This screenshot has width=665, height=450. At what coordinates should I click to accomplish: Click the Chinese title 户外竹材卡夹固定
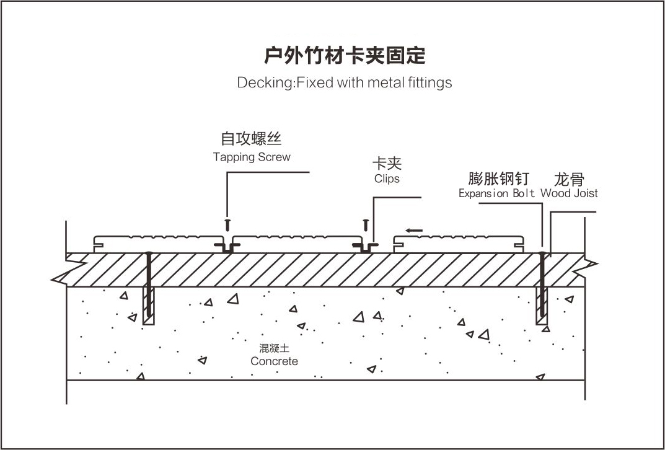coord(345,55)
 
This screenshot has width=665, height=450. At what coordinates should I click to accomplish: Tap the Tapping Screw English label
coord(252,157)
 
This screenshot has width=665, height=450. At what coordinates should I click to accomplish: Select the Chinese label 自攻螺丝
coord(252,138)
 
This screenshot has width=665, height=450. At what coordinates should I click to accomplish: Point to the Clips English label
coord(387,179)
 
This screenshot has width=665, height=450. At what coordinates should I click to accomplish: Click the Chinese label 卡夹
coord(387,163)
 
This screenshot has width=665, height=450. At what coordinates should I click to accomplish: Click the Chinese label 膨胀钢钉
coord(499,179)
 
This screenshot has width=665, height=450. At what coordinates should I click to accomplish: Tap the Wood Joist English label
coord(569,193)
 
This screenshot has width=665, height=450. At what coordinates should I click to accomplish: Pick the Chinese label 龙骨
coord(569,180)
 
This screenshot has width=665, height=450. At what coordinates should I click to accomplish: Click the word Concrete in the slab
coord(274,361)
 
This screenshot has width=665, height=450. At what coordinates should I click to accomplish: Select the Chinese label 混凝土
coord(274,349)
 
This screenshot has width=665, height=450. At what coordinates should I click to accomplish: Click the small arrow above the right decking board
coord(414,231)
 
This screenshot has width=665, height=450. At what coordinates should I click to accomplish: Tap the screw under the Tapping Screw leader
coord(228,222)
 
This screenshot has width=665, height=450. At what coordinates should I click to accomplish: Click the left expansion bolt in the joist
coord(149,285)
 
